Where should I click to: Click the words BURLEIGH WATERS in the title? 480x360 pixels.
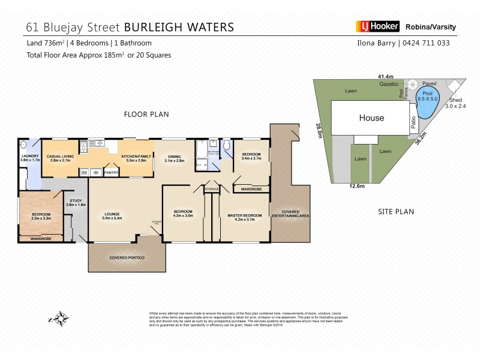[179, 28]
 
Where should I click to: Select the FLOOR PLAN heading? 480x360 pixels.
[146, 113]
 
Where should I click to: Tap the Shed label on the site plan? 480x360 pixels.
[455, 100]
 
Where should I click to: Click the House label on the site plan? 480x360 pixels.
[371, 118]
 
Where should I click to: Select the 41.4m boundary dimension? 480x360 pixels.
[385, 77]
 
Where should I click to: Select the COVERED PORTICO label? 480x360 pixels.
[127, 257]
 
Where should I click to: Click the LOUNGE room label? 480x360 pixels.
[113, 214]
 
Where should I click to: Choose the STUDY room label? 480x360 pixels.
[76, 202]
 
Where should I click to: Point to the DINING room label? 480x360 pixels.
[175, 157]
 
